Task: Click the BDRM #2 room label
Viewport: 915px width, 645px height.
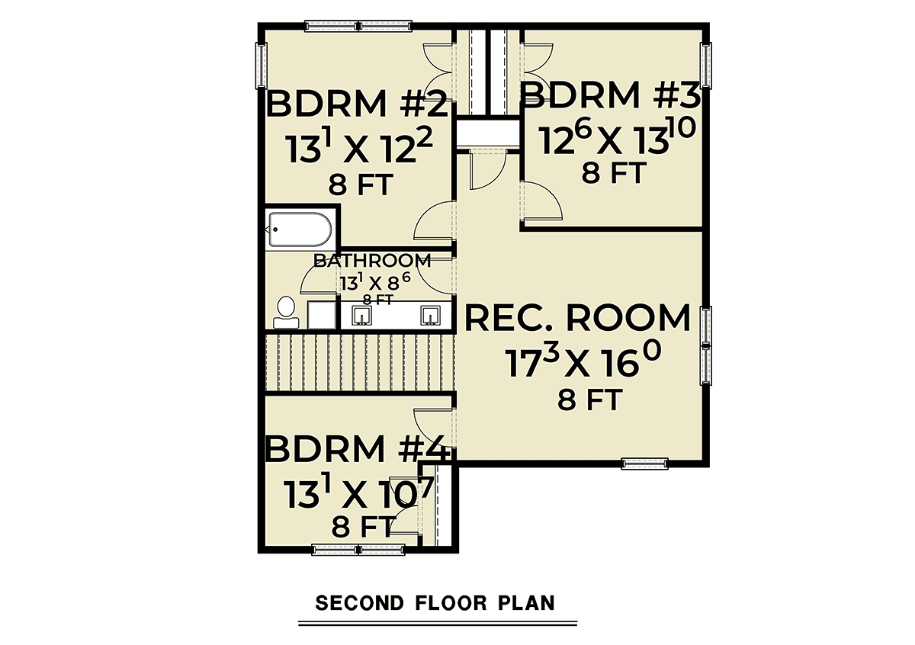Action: tap(358, 104)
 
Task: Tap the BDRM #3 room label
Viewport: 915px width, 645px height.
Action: tap(611, 95)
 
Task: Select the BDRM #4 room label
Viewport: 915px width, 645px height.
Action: tap(358, 449)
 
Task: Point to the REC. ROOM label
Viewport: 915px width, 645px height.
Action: tap(578, 318)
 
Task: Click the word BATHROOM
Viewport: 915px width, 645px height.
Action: tap(372, 261)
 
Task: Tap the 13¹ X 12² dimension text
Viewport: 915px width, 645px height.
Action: tap(358, 146)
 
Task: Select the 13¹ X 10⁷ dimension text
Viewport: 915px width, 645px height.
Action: tap(358, 493)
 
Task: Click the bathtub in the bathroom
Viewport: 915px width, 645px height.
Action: tap(300, 229)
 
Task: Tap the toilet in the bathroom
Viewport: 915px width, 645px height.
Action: tap(286, 313)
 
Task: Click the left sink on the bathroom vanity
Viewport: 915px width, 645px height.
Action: tap(361, 316)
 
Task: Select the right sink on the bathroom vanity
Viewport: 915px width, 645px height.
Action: tap(431, 316)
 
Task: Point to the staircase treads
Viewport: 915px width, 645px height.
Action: tap(360, 363)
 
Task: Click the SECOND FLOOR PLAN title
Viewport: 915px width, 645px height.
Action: tap(435, 603)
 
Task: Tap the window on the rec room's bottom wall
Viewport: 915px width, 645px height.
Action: tap(644, 464)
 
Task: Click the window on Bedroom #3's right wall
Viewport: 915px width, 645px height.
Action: tap(706, 66)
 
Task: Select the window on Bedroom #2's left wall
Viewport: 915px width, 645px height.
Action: tap(261, 66)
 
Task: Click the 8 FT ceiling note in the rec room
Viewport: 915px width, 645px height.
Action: tap(590, 400)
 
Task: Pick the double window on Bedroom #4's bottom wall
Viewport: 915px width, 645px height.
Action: tap(358, 550)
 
